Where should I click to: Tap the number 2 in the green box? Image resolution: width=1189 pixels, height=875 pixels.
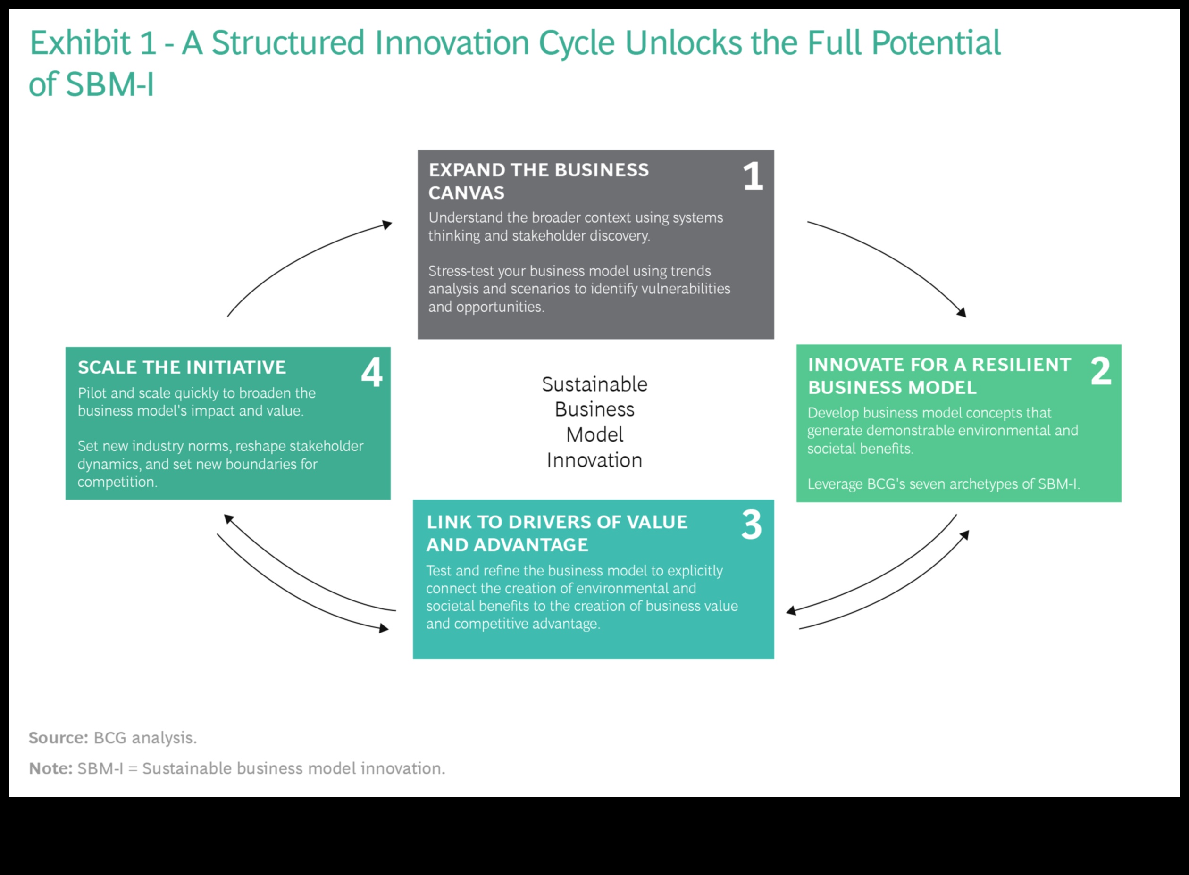coord(1100,371)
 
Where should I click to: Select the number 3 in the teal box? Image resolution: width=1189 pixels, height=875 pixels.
coord(751,525)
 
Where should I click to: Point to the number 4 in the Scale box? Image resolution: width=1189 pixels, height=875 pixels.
coord(371,372)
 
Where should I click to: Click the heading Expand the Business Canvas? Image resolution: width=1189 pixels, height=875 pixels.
coord(538,181)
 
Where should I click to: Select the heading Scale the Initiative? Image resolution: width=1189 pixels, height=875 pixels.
coord(182,367)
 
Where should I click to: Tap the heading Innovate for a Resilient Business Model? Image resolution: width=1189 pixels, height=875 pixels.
coord(939,376)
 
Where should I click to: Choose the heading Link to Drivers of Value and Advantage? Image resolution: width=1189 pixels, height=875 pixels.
coord(557,533)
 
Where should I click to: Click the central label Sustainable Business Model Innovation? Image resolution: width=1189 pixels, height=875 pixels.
coord(594,422)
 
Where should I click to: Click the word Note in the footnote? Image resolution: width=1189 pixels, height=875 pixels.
coord(50,768)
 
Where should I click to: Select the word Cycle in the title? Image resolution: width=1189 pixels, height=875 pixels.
coord(577,43)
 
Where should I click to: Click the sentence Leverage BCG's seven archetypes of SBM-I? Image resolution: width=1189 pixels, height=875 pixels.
coord(944,484)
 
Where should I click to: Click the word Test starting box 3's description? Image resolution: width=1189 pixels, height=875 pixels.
coord(439,570)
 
